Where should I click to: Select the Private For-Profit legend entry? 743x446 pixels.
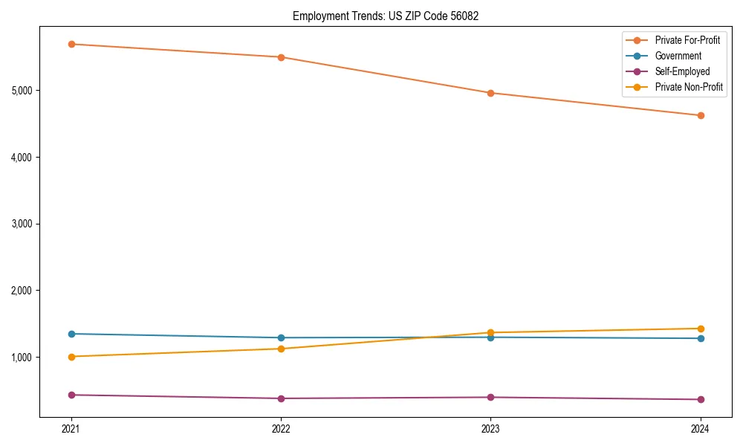687,40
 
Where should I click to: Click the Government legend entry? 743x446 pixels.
678,56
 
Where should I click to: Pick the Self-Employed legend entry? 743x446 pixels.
682,72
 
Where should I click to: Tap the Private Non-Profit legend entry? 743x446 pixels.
689,88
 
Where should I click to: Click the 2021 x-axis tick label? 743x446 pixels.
71,428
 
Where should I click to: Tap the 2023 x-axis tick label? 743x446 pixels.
490,428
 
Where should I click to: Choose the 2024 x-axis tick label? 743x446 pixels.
700,428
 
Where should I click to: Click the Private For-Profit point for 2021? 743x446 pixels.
71,44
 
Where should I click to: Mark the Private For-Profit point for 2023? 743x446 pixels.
490,93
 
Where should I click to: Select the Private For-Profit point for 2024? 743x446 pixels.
700,115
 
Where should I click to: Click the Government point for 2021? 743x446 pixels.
71,334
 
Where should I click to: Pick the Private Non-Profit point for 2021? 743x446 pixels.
71,357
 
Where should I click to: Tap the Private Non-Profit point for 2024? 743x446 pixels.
700,329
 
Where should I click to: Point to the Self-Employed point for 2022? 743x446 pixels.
281,398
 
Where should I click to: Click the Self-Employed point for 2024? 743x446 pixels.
700,399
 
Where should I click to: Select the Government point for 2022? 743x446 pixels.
281,337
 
